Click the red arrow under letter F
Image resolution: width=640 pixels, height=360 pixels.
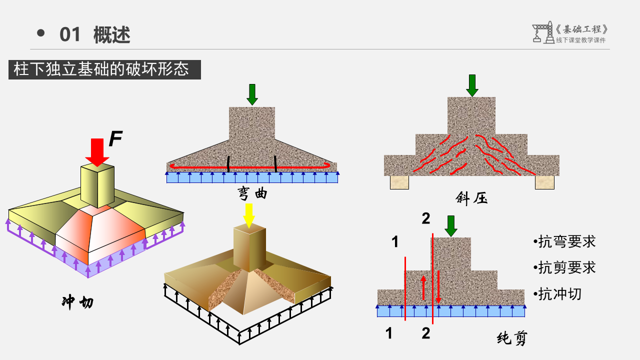pos(97,152)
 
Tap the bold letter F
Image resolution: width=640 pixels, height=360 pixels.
pos(115,139)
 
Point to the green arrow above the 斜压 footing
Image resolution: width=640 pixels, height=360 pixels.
pos(472,85)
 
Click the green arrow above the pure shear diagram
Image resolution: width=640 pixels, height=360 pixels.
pos(451,226)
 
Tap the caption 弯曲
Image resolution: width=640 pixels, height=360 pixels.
pos(252,194)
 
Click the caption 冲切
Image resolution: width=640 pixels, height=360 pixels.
pos(77,302)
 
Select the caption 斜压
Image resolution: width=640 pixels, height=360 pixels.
pos(471,198)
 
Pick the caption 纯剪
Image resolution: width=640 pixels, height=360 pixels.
pos(512,339)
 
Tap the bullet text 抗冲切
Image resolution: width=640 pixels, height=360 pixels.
pos(559,294)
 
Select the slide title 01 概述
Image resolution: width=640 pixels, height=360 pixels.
pos(95,35)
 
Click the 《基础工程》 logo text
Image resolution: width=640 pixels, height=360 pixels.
pos(581,29)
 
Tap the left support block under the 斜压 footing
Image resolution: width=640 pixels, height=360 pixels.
pos(399,182)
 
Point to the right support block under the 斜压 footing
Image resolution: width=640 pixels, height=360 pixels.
pos(544,182)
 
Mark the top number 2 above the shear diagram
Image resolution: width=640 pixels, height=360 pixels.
pos(425,218)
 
